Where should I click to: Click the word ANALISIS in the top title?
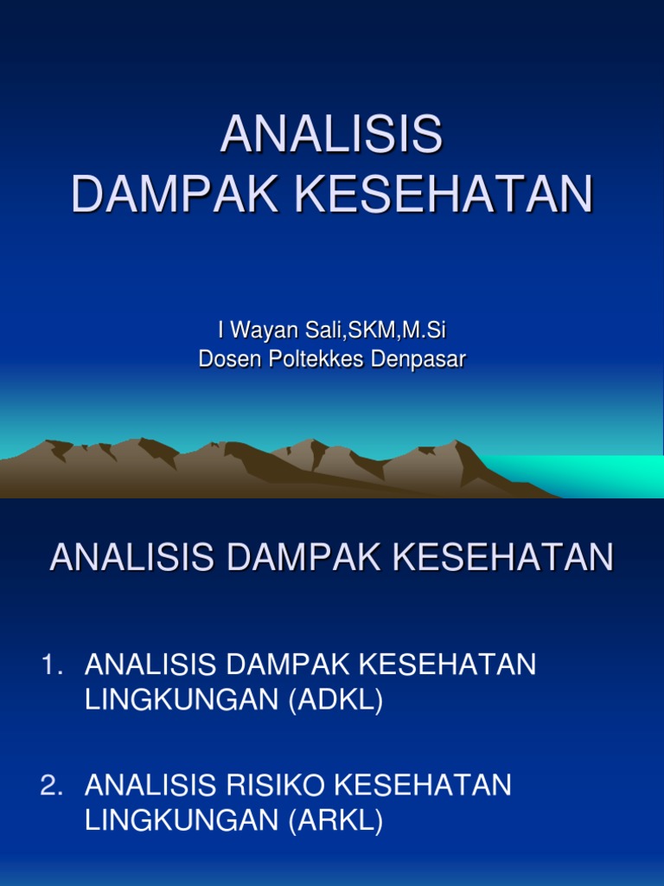pyautogui.click(x=331, y=135)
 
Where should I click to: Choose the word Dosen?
pyautogui.click(x=227, y=359)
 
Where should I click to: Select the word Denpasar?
pyautogui.click(x=418, y=359)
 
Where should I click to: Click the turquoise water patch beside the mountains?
pyautogui.click(x=597, y=475)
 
